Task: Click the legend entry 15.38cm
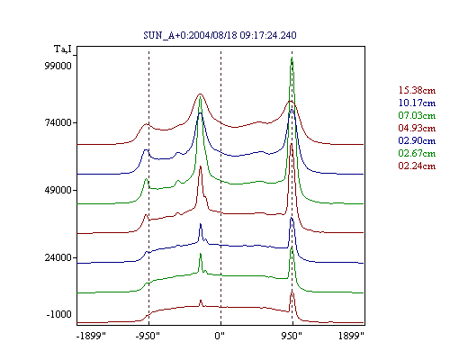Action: (x=417, y=90)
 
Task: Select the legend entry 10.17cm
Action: (x=417, y=103)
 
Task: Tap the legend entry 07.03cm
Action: (x=417, y=115)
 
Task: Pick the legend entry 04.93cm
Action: (x=417, y=128)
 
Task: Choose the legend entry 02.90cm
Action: (x=417, y=140)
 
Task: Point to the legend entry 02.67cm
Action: (x=417, y=153)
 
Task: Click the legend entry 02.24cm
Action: (x=417, y=166)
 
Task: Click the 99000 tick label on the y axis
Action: (x=58, y=66)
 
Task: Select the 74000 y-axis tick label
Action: (x=58, y=122)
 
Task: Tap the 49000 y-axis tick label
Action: (x=58, y=190)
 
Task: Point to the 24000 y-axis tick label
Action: (x=58, y=257)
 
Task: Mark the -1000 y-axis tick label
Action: (x=59, y=314)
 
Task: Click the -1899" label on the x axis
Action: (x=92, y=336)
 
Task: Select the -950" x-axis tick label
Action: (x=148, y=336)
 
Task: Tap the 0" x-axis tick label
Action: (x=220, y=336)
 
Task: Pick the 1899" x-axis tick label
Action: (x=351, y=336)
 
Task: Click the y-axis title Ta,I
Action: (x=63, y=49)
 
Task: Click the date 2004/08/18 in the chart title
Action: (x=212, y=35)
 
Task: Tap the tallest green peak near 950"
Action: (x=292, y=58)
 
